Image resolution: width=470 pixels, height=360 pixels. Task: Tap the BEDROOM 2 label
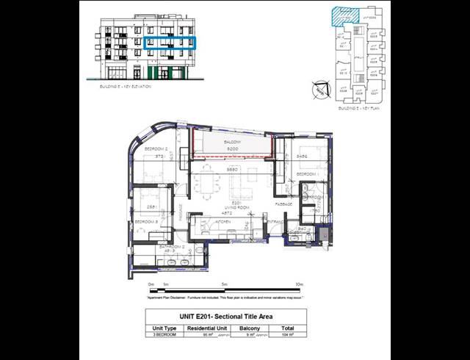[x=151, y=149]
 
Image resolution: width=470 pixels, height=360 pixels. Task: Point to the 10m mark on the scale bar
[x=299, y=284]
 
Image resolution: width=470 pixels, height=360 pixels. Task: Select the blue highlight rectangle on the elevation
[x=170, y=43]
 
